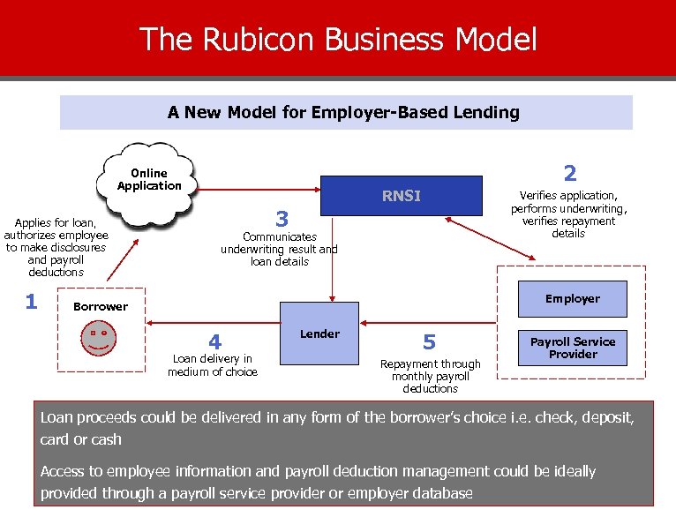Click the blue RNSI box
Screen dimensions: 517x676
click(x=402, y=196)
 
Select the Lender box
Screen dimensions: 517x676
click(x=319, y=333)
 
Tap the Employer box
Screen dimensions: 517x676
click(x=572, y=299)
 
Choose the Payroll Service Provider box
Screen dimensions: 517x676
click(x=572, y=348)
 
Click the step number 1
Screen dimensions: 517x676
click(x=31, y=302)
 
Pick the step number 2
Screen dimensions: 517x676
click(x=570, y=173)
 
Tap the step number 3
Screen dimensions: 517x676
click(x=282, y=217)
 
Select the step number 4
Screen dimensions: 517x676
click(x=214, y=341)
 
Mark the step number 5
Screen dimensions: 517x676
click(x=429, y=341)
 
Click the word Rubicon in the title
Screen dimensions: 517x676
click(x=250, y=40)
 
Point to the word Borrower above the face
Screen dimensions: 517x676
click(x=100, y=307)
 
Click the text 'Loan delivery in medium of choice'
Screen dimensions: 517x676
click(x=213, y=365)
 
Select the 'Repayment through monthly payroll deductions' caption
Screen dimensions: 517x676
click(x=430, y=376)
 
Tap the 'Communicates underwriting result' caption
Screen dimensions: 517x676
click(x=279, y=249)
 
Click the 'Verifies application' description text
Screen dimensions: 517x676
click(x=568, y=214)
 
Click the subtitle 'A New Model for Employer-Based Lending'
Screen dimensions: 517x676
click(x=343, y=112)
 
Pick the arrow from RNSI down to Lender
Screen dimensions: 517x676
click(x=332, y=265)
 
